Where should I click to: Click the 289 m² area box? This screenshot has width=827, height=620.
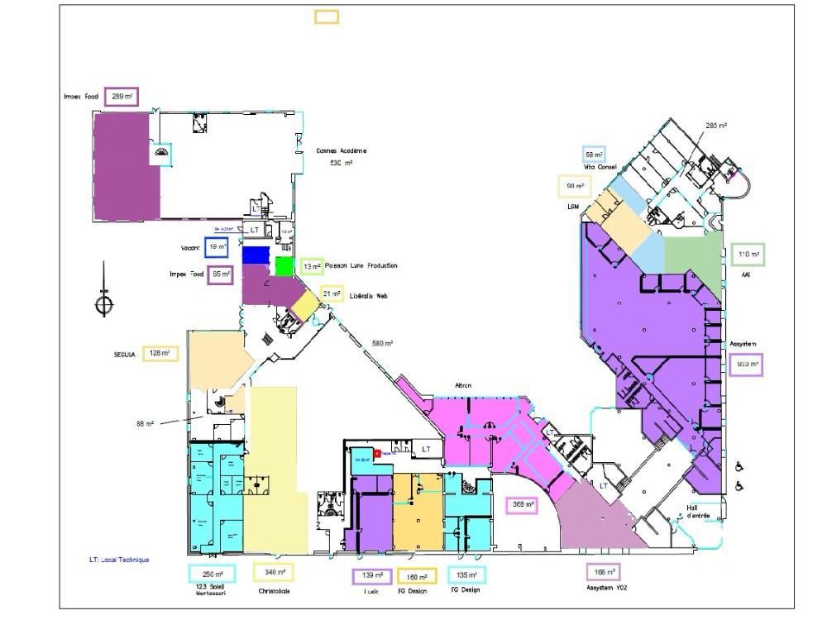coord(122,97)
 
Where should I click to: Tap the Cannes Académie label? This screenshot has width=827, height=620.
coord(341,151)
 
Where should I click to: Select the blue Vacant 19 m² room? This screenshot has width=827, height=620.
coord(256,255)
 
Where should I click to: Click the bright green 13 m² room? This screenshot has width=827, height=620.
coord(284,265)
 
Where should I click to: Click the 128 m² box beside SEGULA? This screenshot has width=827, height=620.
coord(160,353)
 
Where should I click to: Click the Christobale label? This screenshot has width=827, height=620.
coord(274,591)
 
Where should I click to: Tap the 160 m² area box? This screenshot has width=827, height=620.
coord(417,576)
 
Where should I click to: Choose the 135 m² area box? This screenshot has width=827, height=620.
coord(466,574)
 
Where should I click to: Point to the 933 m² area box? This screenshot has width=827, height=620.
coord(747,364)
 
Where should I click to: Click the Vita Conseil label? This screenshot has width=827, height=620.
coord(601,167)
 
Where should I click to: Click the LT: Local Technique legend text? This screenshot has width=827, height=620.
coord(119,560)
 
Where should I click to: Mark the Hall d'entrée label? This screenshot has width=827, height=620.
coord(699,512)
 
